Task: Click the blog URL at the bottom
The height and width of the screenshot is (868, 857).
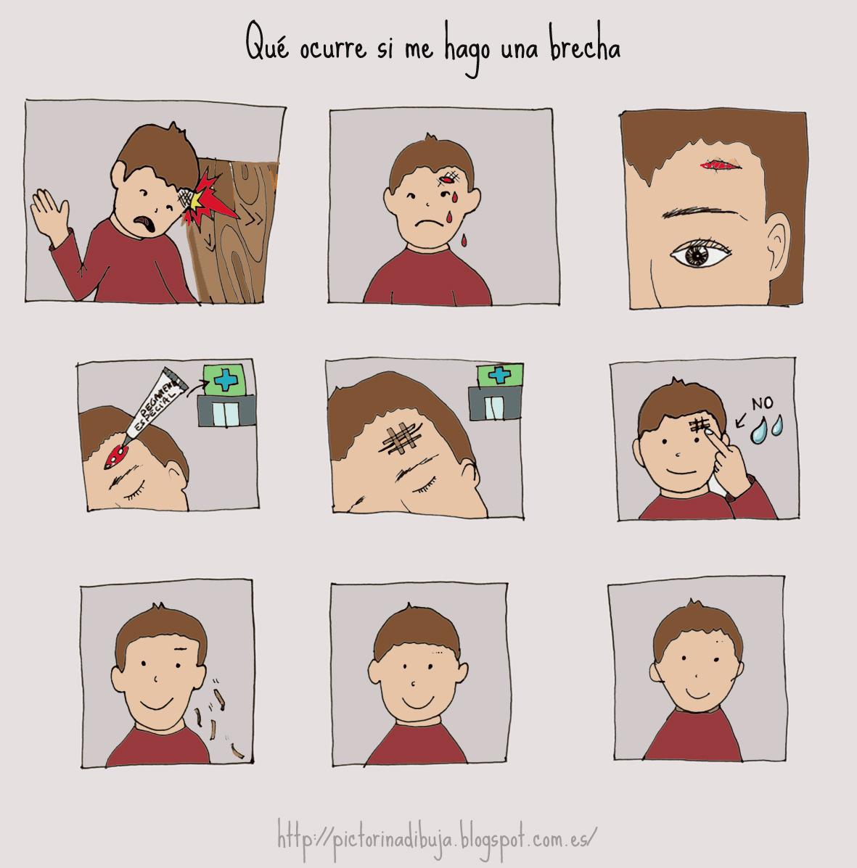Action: [x=437, y=840]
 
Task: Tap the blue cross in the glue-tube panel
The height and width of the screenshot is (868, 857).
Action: [x=226, y=380]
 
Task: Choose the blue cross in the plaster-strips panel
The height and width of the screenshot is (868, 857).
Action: [x=499, y=375]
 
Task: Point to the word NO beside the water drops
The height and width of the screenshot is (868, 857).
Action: [x=762, y=403]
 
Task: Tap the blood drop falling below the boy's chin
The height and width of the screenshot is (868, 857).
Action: [x=464, y=240]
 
